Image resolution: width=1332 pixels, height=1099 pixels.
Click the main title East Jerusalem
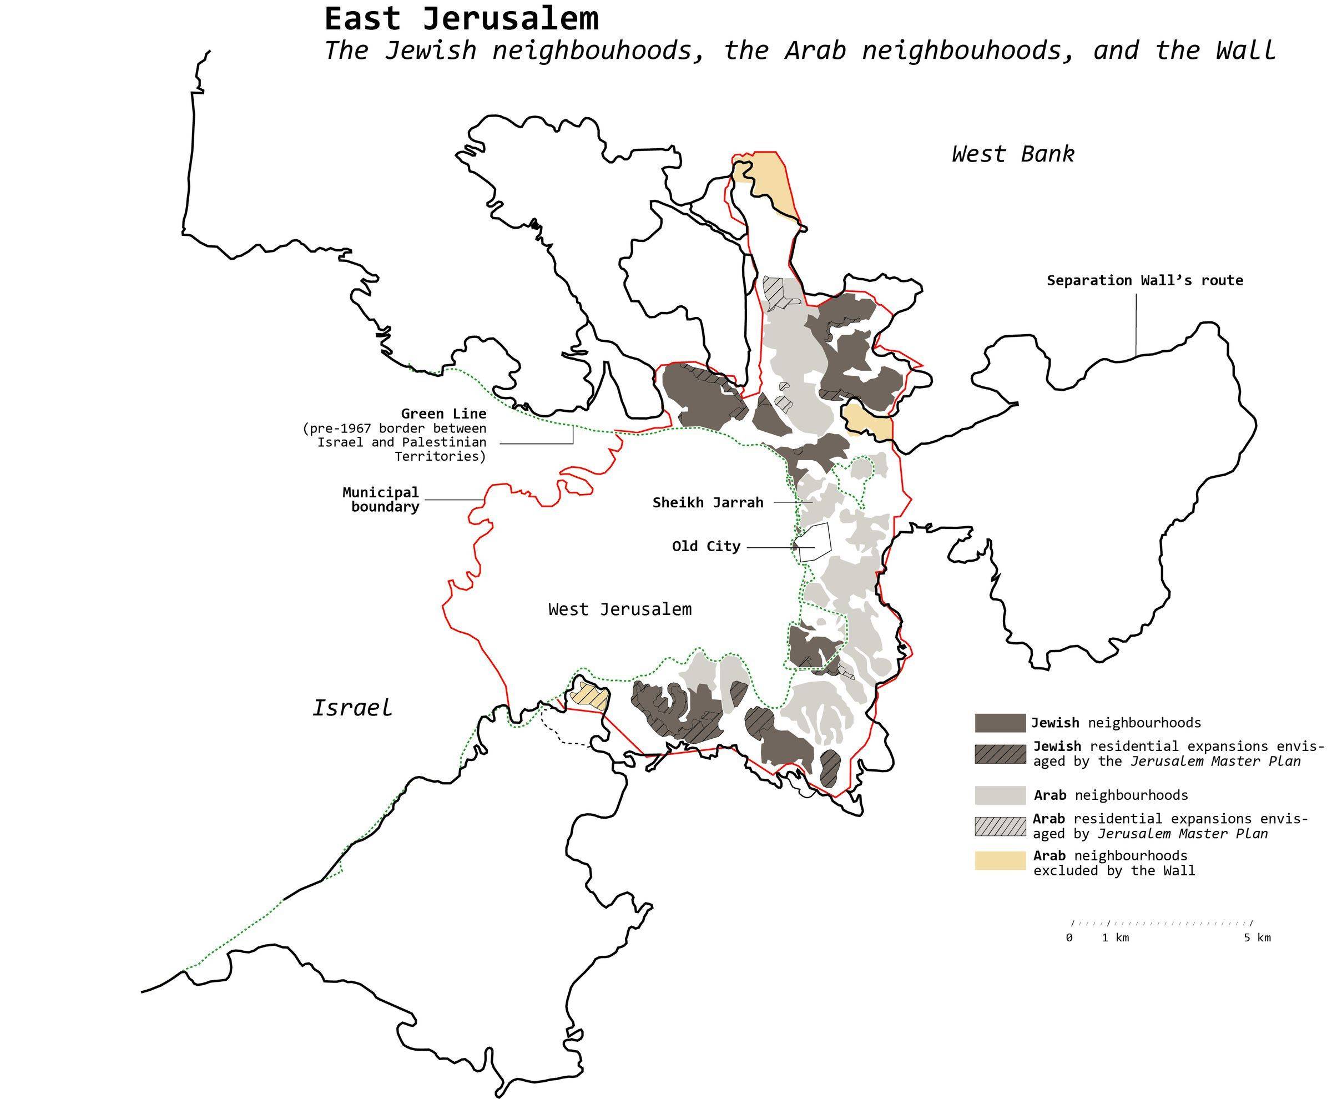pyautogui.click(x=461, y=19)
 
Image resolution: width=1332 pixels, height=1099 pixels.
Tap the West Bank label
pyautogui.click(x=1012, y=154)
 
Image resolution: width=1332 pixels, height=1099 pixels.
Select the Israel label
pyautogui.click(x=352, y=707)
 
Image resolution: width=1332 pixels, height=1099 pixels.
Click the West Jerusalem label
pyautogui.click(x=620, y=609)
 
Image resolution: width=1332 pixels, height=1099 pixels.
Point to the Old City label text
pyautogui.click(x=706, y=546)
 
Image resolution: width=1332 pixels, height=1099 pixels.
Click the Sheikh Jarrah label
pyautogui.click(x=708, y=503)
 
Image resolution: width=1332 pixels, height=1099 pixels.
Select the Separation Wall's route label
pyautogui.click(x=1144, y=280)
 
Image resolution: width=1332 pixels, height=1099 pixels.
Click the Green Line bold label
pyautogui.click(x=443, y=414)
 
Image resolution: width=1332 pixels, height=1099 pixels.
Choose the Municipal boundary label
pyautogui.click(x=381, y=500)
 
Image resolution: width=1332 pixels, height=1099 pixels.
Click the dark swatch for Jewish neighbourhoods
pyautogui.click(x=1000, y=723)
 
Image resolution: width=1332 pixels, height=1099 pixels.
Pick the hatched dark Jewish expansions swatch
pyautogui.click(x=1000, y=753)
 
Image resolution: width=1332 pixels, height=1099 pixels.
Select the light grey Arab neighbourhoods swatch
pyautogui.click(x=1000, y=795)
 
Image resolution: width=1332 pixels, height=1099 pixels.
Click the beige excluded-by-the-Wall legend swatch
pyautogui.click(x=1000, y=861)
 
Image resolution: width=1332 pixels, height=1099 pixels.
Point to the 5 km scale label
pyautogui.click(x=1257, y=937)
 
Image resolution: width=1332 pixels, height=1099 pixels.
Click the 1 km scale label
pyautogui.click(x=1115, y=937)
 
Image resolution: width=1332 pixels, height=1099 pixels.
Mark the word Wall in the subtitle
pyautogui.click(x=1245, y=50)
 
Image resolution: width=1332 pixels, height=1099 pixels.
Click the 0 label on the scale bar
pyautogui.click(x=1069, y=937)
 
